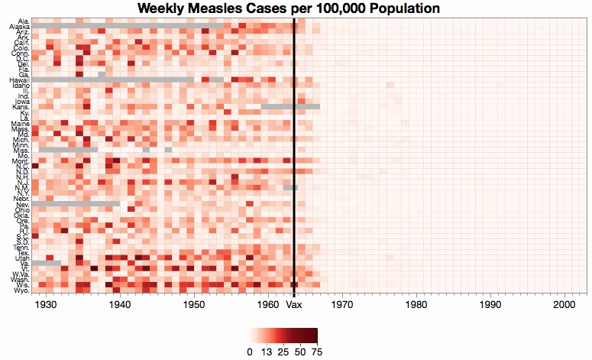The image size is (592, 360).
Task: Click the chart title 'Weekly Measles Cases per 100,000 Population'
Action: (x=288, y=9)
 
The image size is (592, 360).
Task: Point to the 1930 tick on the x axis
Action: (x=47, y=304)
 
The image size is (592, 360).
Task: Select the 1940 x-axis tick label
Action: (x=120, y=304)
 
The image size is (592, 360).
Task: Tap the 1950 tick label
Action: (x=194, y=304)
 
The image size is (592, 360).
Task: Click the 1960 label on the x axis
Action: (x=268, y=304)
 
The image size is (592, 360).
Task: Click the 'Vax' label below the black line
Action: (x=294, y=304)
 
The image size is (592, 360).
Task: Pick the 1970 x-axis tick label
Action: (x=342, y=304)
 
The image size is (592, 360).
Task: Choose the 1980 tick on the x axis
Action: (x=416, y=304)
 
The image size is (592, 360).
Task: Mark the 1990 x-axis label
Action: (x=490, y=304)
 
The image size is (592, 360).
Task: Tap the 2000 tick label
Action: (x=564, y=304)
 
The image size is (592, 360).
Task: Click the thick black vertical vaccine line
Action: (x=294, y=153)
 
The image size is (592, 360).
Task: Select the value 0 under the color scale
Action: (x=251, y=351)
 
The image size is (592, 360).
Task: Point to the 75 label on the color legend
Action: (x=315, y=351)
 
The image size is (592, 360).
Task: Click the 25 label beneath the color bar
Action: (x=283, y=351)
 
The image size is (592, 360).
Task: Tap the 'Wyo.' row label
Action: (x=21, y=290)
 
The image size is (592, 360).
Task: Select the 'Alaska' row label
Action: (x=19, y=27)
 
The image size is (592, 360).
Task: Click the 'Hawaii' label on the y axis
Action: (x=19, y=79)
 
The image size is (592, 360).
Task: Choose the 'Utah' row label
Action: (x=21, y=258)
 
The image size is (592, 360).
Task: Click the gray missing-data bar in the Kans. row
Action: (x=290, y=106)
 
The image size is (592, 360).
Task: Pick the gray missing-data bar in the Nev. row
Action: (x=76, y=204)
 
